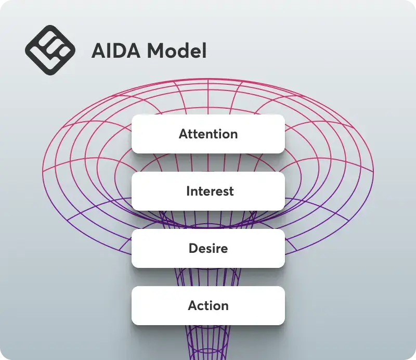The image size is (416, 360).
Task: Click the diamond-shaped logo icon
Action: pos(50,50)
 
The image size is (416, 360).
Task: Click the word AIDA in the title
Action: pos(116,50)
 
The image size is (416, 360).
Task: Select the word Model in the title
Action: pos(177,50)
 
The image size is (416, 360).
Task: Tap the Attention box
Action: pos(209,134)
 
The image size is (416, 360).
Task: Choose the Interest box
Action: pos(209,191)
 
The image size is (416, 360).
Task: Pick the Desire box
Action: pos(209,249)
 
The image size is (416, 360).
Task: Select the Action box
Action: pos(209,305)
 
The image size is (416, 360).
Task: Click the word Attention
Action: pos(209,134)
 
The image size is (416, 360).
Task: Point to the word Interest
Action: pos(210,191)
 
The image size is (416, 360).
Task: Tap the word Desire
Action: pos(209,249)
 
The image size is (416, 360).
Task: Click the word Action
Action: pos(209,305)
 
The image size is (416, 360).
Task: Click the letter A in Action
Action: pos(193,305)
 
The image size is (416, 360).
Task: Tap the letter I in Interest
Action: pos(188,191)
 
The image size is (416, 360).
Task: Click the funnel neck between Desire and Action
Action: pos(209,277)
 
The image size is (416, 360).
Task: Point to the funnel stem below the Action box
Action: pos(209,342)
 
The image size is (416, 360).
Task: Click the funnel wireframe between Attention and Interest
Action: pos(209,162)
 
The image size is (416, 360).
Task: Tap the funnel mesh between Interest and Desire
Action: pos(209,220)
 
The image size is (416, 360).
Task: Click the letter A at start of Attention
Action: pos(184,134)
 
